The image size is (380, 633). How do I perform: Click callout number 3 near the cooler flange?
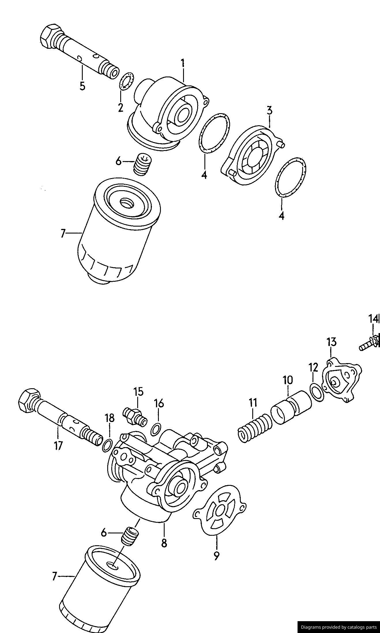coord(269,111)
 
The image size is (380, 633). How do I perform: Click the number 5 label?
coord(82,86)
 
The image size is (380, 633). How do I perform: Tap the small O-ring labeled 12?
coord(317,392)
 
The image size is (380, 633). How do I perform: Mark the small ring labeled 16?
coord(156,429)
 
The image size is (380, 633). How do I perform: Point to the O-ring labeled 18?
coord(107,445)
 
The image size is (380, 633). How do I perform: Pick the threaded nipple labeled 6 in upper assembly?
coord(142,164)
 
